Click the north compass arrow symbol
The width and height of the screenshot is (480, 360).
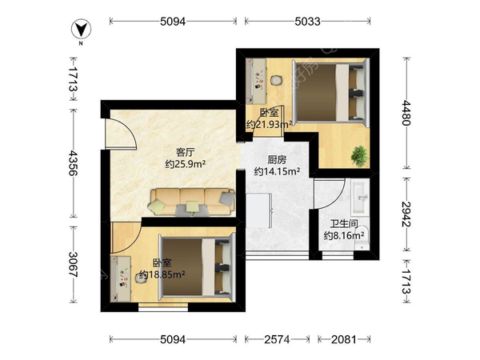[81, 30]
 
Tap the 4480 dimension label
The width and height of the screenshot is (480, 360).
[406, 113]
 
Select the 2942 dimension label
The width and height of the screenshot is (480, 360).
[406, 214]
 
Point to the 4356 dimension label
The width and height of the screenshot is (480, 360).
[73, 162]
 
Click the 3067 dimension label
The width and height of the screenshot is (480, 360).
[73, 265]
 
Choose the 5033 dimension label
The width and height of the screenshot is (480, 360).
[308, 22]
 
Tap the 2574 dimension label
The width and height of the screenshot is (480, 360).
[277, 339]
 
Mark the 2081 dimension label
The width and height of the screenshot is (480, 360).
[344, 339]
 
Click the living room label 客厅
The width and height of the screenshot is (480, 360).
[185, 152]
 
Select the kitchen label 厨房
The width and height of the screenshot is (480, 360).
[277, 160]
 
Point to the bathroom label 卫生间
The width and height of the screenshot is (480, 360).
[344, 224]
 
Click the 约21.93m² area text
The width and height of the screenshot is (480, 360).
[269, 125]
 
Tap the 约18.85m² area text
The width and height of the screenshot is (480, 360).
[162, 274]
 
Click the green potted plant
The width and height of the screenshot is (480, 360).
[360, 156]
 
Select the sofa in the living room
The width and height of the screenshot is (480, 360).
[192, 202]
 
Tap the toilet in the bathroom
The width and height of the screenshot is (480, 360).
[362, 238]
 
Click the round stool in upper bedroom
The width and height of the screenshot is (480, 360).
[276, 80]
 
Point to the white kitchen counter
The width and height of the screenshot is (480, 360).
[259, 210]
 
